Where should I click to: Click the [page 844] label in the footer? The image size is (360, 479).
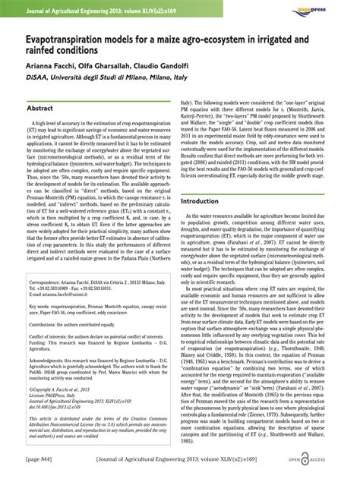point(37,463)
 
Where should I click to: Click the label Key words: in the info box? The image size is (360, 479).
point(41,307)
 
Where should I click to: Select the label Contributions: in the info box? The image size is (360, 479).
point(47,324)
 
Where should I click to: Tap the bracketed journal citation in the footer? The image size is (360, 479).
point(180,463)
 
